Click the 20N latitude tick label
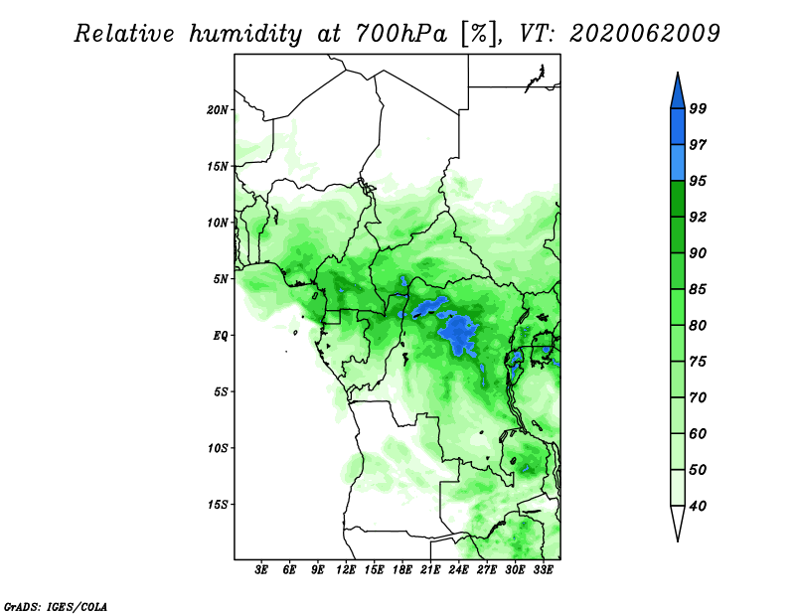click(218, 110)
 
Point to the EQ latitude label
click(221, 336)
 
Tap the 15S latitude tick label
click(218, 505)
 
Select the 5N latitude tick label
click(221, 279)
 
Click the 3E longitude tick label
click(261, 570)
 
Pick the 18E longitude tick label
click(402, 570)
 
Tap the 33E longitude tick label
click(543, 570)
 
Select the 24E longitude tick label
click(458, 570)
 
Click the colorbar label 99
click(698, 108)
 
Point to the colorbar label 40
click(698, 506)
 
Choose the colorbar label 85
click(698, 289)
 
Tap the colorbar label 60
click(698, 433)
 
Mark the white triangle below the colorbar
click(678, 522)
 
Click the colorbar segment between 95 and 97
click(678, 163)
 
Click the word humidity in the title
click(245, 34)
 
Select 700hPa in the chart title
click(401, 34)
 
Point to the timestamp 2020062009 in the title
click(644, 34)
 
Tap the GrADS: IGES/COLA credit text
click(56, 606)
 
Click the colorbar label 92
click(698, 217)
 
